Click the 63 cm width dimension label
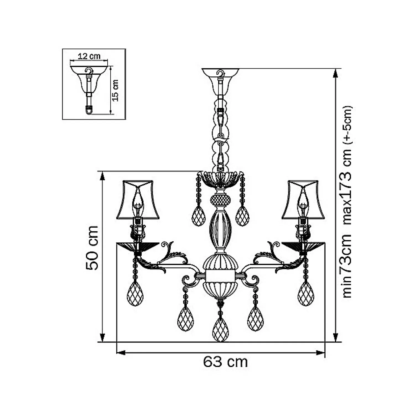225,362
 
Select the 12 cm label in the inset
89,56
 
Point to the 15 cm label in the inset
116,90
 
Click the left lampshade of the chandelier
138,199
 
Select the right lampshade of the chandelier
303,199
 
